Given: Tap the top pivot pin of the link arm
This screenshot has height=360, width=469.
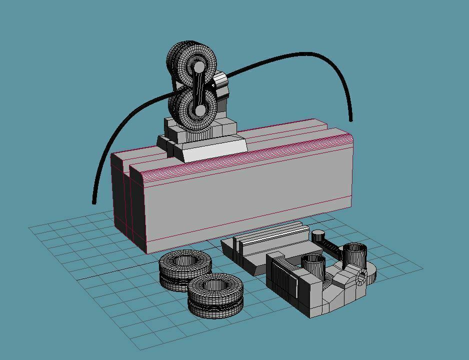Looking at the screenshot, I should click(x=199, y=67).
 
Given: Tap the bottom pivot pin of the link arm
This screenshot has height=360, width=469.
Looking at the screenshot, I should click(x=199, y=110).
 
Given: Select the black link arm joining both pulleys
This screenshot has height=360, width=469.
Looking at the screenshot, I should click(x=199, y=89).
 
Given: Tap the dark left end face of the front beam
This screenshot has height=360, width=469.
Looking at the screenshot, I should click(x=138, y=210).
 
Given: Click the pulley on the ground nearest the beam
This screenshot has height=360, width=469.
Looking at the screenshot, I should click(x=184, y=267).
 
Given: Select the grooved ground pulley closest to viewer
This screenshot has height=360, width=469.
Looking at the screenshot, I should click(x=216, y=294).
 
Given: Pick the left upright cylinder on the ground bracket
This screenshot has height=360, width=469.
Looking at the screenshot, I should click(x=313, y=265).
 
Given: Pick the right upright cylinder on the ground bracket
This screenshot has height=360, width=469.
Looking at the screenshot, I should click(x=355, y=255).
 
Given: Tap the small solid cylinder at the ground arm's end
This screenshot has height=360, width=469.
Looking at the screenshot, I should click(x=318, y=235).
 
